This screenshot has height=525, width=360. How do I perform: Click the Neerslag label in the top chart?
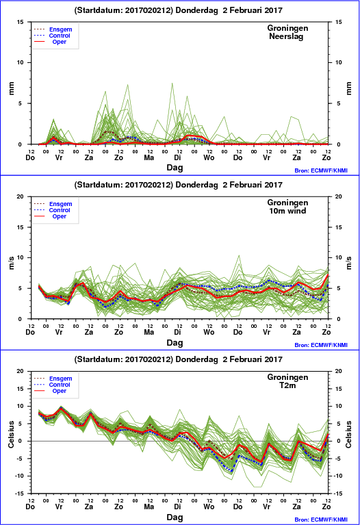point(286,36)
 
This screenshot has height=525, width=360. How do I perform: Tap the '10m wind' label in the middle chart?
point(287,211)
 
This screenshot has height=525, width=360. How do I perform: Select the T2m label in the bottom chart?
point(287,385)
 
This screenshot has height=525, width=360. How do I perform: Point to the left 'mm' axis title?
point(12,89)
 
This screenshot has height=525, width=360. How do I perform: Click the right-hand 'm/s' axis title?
point(348,263)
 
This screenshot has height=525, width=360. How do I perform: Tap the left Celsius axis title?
point(12,434)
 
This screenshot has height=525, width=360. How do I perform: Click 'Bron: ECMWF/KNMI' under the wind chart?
point(321,345)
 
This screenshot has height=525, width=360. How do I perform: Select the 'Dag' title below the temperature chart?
point(175,517)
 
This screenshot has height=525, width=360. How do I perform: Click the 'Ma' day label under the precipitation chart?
point(149,157)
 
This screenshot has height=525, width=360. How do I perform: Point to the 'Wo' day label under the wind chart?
point(209,332)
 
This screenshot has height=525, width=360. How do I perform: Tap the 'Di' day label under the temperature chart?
point(177,507)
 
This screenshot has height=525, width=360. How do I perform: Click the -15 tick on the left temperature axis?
point(20,494)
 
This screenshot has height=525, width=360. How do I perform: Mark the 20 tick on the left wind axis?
point(21,196)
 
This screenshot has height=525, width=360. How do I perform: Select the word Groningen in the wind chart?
point(287,203)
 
